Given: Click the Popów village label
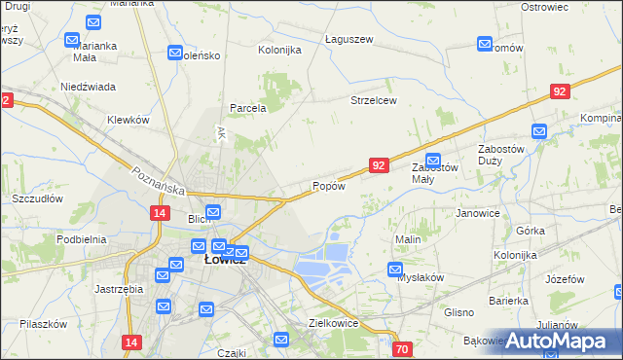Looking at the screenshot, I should click(328, 186).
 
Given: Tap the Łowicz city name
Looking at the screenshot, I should click(225, 261).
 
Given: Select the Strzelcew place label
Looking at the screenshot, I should click(374, 101).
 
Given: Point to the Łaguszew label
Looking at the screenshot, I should click(348, 39).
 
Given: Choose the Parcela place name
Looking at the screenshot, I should click(247, 108).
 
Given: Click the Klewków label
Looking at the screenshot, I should click(128, 120).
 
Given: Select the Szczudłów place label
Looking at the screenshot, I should click(37, 198).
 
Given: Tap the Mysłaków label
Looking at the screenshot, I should click(421, 277).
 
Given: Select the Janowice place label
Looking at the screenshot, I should click(477, 213).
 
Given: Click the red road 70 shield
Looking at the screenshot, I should click(403, 348).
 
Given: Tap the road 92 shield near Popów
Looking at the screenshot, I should click(380, 166).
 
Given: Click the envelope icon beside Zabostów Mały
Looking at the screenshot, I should click(433, 160).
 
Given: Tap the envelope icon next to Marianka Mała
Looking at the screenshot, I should click(72, 41).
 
